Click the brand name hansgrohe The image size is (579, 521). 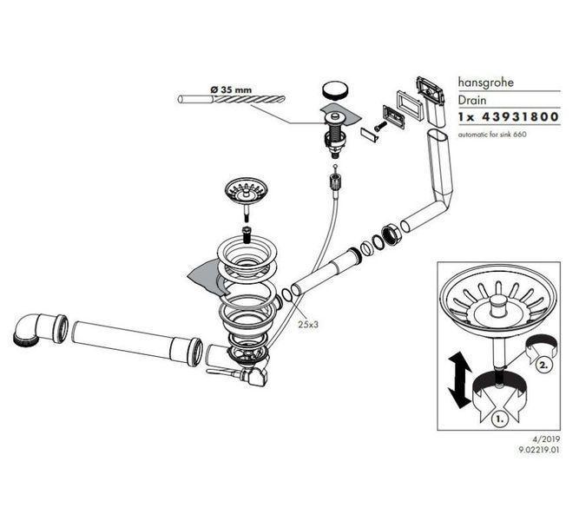485,82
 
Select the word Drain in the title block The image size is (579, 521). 472,100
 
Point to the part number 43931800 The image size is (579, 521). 520,116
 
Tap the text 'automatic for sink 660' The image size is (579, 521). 492,135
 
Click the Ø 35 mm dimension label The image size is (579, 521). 231,89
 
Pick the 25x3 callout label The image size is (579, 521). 308,325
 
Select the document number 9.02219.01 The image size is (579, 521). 539,450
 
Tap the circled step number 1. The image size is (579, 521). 500,419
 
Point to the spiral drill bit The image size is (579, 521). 231,99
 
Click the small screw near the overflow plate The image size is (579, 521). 380,127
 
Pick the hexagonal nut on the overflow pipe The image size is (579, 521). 391,234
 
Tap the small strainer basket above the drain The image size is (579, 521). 246,192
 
